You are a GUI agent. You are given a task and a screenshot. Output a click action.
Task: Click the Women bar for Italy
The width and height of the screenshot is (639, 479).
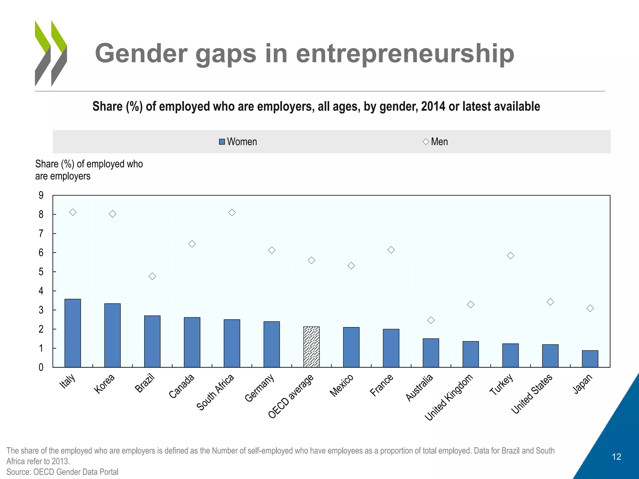click(73, 333)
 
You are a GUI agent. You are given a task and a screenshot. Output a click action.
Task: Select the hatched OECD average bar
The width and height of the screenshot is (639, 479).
click(311, 347)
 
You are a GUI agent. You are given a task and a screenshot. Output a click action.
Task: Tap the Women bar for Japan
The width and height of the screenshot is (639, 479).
click(590, 359)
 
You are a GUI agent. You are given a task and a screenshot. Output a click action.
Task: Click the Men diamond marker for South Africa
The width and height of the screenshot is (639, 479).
click(232, 213)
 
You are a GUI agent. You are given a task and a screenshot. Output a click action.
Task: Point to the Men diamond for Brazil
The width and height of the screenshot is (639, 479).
click(152, 276)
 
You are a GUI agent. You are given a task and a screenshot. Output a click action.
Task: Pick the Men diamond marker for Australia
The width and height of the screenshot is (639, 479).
click(431, 320)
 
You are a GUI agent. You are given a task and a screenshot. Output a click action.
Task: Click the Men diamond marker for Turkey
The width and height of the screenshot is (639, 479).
click(510, 256)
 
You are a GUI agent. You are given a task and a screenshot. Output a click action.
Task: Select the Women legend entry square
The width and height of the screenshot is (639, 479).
click(222, 142)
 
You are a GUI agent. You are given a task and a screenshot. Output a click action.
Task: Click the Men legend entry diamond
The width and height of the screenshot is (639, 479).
click(426, 142)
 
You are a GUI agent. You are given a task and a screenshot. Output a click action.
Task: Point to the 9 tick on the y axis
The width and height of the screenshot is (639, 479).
click(41, 196)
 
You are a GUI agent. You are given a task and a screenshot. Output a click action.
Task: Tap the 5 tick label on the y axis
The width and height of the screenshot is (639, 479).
click(41, 272)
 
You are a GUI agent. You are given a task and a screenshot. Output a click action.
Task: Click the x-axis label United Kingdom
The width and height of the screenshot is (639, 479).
click(449, 398)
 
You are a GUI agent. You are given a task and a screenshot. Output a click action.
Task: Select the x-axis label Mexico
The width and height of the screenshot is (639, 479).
click(342, 385)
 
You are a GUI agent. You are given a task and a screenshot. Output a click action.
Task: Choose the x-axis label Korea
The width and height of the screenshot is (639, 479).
click(105, 384)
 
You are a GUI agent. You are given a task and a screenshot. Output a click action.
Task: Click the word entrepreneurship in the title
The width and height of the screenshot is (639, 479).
click(405, 54)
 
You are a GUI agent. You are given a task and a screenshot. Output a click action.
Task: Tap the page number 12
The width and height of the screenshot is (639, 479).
click(616, 457)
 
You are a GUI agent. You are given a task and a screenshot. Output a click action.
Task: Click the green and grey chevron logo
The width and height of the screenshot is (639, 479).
click(51, 53)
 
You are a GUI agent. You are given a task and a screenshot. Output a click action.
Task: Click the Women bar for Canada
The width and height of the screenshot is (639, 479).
click(192, 342)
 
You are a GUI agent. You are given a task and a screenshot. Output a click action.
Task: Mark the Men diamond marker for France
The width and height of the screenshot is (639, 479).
click(391, 250)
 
